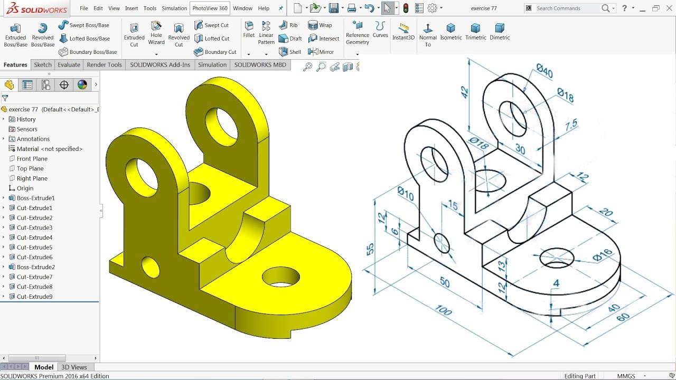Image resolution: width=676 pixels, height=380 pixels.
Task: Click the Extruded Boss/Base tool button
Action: point(15,34)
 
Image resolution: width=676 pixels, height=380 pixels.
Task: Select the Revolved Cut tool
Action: point(179,34)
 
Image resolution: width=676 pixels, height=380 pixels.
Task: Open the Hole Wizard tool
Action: point(156,33)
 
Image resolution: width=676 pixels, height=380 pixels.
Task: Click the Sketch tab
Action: point(43,65)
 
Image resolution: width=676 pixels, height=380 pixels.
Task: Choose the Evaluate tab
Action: point(69,65)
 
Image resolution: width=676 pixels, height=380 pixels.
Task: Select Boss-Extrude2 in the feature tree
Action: point(35,267)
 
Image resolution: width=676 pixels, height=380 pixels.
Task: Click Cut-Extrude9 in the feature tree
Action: point(34,297)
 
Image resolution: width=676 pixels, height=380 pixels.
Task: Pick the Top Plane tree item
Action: point(30,168)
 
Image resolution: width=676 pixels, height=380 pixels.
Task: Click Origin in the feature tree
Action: point(25,188)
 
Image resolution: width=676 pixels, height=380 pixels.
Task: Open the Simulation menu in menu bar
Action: point(174,8)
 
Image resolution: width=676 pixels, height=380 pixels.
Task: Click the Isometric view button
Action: point(450,32)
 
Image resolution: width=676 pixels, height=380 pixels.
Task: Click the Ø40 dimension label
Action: point(544,71)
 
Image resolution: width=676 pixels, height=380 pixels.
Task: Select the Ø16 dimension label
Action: point(602,255)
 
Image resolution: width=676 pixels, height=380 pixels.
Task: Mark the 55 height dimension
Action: point(370,249)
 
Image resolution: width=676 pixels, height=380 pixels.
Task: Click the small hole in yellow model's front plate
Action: point(151,267)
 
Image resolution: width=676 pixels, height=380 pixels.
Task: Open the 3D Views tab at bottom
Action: point(74,367)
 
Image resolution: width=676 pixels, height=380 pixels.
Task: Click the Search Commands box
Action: point(568,8)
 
